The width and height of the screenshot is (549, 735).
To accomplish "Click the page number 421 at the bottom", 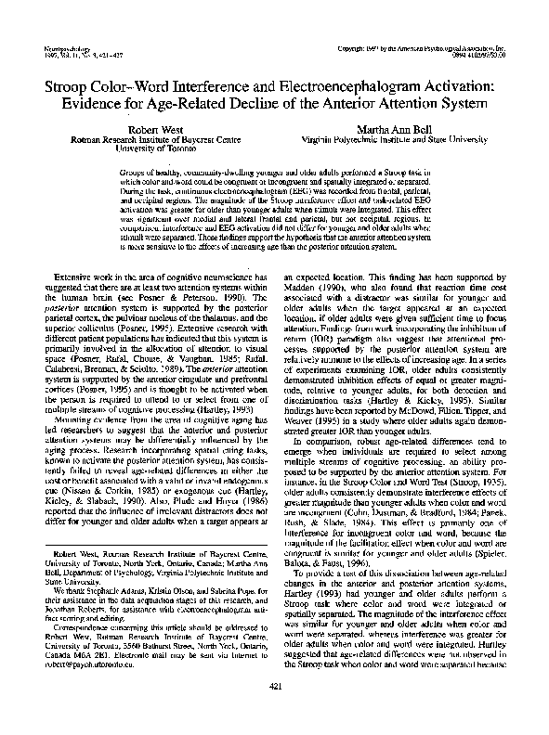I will [274, 711].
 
